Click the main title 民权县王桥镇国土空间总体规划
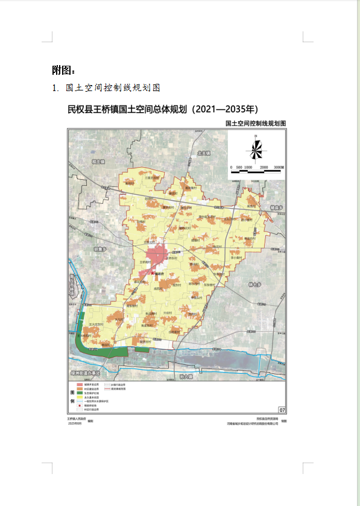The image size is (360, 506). [x=162, y=110]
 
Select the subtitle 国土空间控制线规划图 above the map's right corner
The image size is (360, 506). [x=254, y=123]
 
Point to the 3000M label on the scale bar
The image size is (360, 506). [x=278, y=166]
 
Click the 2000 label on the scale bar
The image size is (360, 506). [x=264, y=166]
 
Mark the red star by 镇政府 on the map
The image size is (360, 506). [x=153, y=273]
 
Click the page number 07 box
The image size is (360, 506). [x=282, y=410]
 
